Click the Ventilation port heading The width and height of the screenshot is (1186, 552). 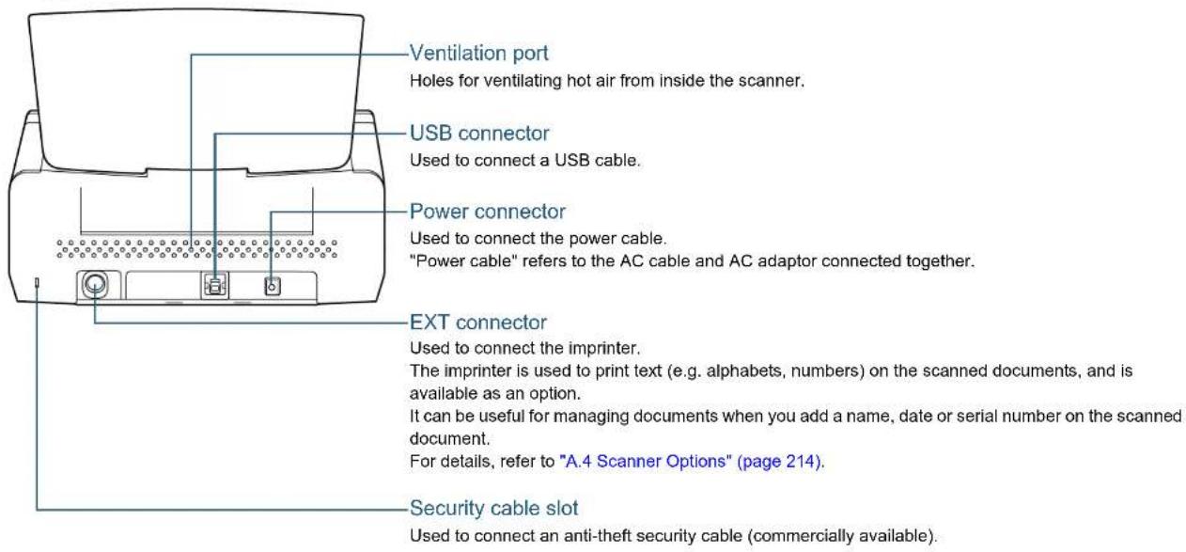[x=478, y=54]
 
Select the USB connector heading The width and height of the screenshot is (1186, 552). [x=479, y=133]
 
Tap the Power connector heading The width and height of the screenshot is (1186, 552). [x=487, y=212]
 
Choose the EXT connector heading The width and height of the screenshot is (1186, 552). [x=477, y=323]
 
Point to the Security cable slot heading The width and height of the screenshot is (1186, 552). [x=493, y=508]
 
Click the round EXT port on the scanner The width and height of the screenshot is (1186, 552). [x=95, y=284]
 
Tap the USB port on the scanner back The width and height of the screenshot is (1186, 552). [x=215, y=286]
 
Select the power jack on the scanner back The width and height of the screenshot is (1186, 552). [x=273, y=287]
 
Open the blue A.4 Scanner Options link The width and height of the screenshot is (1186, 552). [x=690, y=462]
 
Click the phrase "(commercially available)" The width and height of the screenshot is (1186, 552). [x=841, y=536]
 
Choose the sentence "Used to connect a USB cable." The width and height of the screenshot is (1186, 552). [x=524, y=160]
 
